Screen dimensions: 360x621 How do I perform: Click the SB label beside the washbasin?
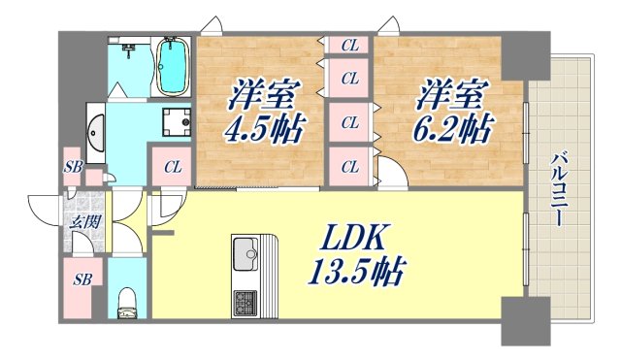(x=74, y=167)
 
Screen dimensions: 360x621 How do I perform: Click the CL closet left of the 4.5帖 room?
(x=172, y=167)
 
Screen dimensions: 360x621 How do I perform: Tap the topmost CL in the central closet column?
(x=350, y=45)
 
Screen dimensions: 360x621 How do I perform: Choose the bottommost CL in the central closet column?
(x=350, y=167)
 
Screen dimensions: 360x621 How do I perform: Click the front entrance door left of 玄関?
(x=44, y=206)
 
